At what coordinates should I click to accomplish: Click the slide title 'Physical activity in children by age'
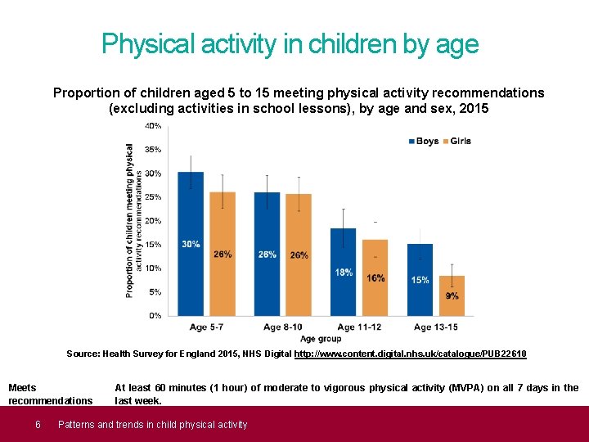pyautogui.click(x=290, y=44)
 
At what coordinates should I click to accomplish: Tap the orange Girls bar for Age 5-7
pyautogui.click(x=222, y=254)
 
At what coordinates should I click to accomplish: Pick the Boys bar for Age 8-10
pyautogui.click(x=267, y=254)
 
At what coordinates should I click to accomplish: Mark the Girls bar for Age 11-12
pyautogui.click(x=375, y=277)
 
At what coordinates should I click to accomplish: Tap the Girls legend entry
pyautogui.click(x=456, y=141)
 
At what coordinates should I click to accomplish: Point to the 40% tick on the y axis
pyautogui.click(x=153, y=125)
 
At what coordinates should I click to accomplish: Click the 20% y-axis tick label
pyautogui.click(x=153, y=220)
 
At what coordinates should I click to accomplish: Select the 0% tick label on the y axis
pyautogui.click(x=155, y=315)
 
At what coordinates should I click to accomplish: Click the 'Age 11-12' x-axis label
pyautogui.click(x=358, y=327)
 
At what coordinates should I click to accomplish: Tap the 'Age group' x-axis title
pyautogui.click(x=320, y=338)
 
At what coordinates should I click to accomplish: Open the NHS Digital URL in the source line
pyautogui.click(x=410, y=354)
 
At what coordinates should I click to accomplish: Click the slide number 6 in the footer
pyautogui.click(x=38, y=424)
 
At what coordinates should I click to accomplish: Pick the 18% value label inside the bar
pyautogui.click(x=344, y=272)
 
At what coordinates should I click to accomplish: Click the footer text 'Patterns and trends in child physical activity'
pyautogui.click(x=152, y=424)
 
